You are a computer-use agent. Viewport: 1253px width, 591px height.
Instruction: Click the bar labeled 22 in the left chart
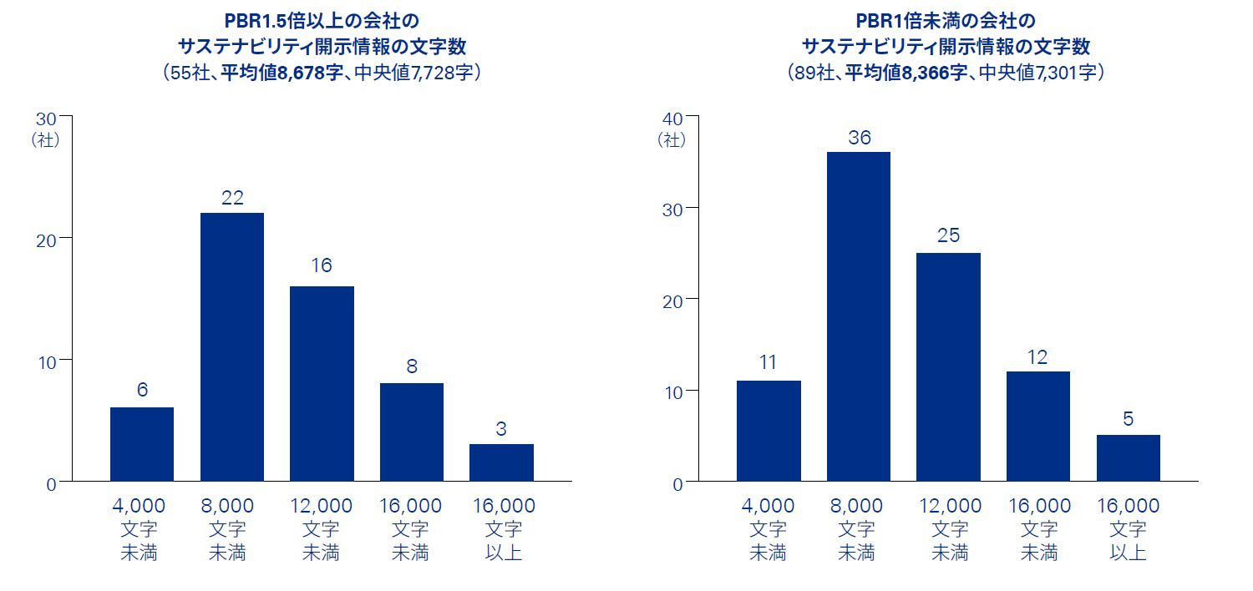point(231,346)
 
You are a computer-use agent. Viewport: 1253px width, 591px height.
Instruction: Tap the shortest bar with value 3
point(501,462)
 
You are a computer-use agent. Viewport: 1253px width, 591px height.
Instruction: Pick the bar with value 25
point(948,366)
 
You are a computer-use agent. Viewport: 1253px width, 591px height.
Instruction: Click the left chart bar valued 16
point(322,383)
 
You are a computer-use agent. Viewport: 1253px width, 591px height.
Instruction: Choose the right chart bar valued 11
point(769,431)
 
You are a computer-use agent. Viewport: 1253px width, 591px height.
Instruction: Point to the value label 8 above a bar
point(412,366)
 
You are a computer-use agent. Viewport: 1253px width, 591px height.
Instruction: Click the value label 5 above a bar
point(1128,419)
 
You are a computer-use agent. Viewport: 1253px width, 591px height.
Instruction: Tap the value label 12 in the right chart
point(1038,356)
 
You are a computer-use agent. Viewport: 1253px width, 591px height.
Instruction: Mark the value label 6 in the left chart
point(142,390)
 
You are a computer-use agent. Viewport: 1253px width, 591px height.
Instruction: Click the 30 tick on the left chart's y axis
point(46,119)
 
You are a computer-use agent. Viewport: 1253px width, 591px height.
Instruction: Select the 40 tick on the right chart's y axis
point(672,119)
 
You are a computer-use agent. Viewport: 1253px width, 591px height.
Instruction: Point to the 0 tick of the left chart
point(51,483)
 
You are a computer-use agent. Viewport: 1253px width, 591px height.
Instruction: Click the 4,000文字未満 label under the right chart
point(768,528)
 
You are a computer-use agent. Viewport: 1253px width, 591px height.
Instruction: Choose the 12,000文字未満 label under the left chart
point(322,528)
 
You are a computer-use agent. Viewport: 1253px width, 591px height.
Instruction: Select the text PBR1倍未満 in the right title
point(902,20)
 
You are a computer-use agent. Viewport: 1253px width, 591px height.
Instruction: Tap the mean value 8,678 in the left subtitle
point(294,73)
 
